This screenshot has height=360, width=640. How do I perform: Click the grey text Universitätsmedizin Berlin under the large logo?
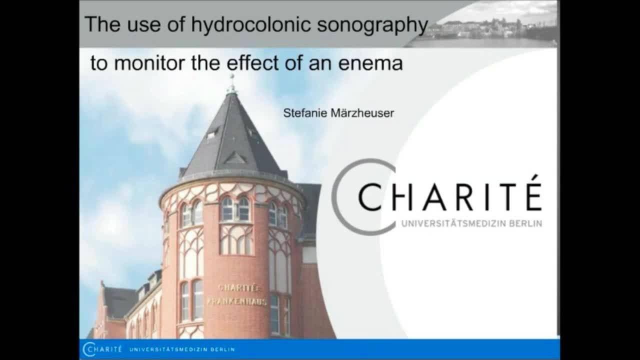click(471, 223)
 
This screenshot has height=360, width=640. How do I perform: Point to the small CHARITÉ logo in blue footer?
click(102, 349)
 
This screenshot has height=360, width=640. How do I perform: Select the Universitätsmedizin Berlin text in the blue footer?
click(181, 349)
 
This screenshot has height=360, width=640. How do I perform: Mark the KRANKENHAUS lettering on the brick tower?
click(236, 301)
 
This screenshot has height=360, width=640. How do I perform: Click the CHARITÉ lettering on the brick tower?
click(238, 288)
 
